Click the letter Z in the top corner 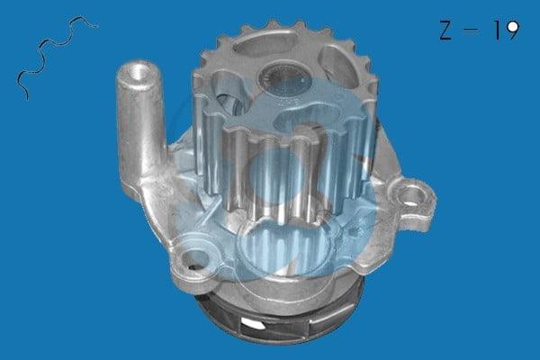click(x=445, y=30)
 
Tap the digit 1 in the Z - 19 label click(x=498, y=30)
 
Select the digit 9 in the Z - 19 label click(x=512, y=30)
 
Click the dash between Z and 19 click(x=472, y=30)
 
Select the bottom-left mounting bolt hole click(x=195, y=260)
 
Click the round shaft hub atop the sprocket click(x=280, y=78)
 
